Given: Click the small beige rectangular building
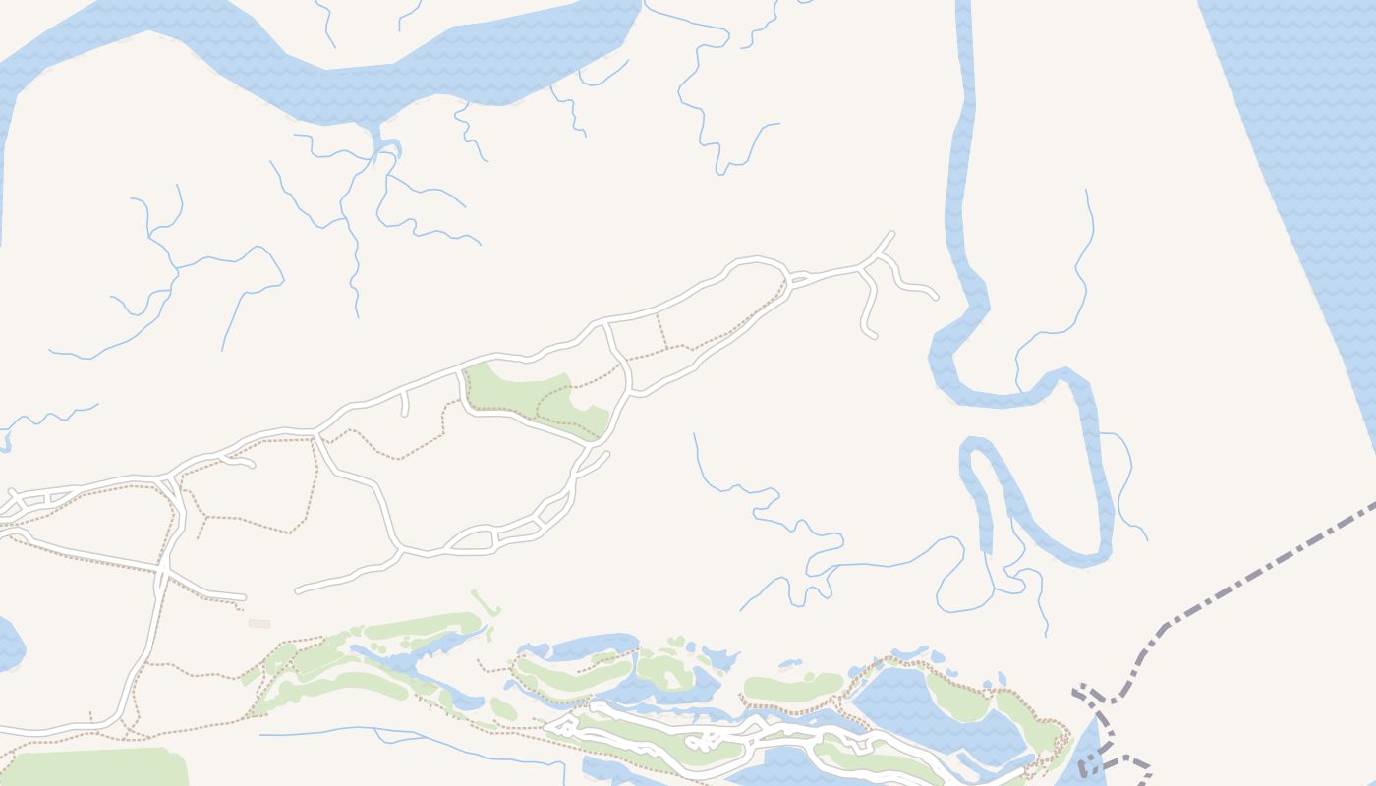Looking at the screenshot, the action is [x=259, y=624].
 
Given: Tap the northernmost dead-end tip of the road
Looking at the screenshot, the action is [x=891, y=233].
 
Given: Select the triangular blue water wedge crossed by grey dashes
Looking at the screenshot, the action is [x=1086, y=752].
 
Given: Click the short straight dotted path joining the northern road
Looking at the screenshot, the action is [x=661, y=331].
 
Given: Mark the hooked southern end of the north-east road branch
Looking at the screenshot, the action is [x=871, y=335].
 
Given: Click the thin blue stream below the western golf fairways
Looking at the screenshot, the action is [x=413, y=739].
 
